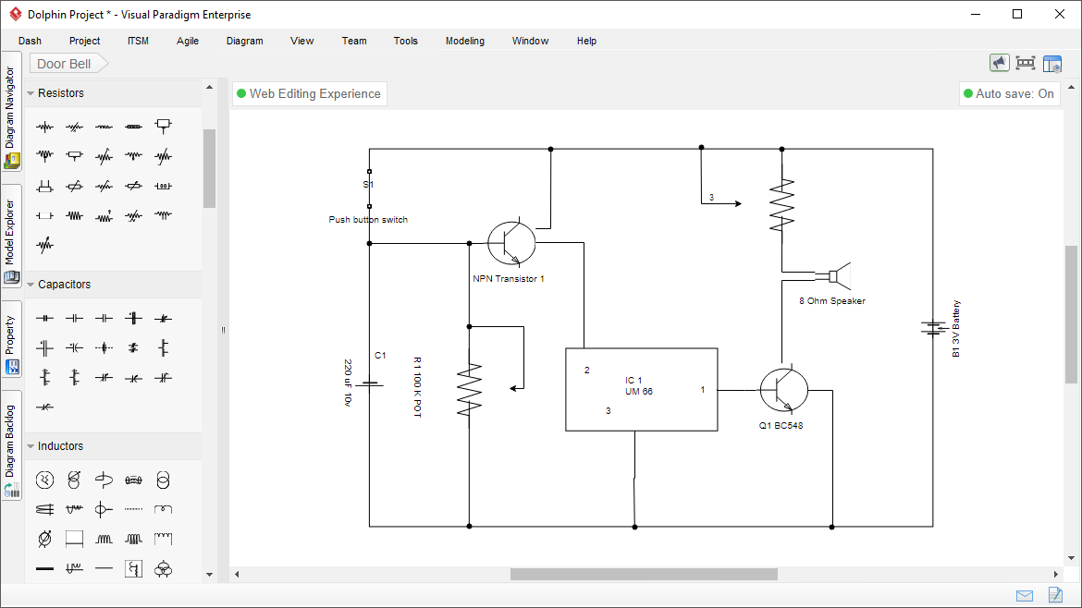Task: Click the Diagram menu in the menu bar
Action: click(x=244, y=41)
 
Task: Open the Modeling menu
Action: click(x=464, y=41)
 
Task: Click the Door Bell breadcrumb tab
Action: click(x=65, y=64)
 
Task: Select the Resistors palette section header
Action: click(x=61, y=93)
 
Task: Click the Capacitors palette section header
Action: click(x=64, y=285)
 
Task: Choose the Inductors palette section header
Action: click(x=60, y=446)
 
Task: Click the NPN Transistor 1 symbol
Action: click(x=511, y=243)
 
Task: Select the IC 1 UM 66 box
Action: click(x=641, y=389)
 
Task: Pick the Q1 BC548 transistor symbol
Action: click(x=783, y=390)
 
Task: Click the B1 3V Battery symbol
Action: click(x=931, y=328)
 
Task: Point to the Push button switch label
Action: click(x=368, y=220)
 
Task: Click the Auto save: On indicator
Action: click(x=1009, y=93)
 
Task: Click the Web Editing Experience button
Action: click(x=309, y=93)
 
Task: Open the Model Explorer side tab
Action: click(x=11, y=235)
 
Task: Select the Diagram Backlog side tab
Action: click(x=11, y=444)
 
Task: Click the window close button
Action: click(x=1059, y=14)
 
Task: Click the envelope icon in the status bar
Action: click(x=1025, y=595)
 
